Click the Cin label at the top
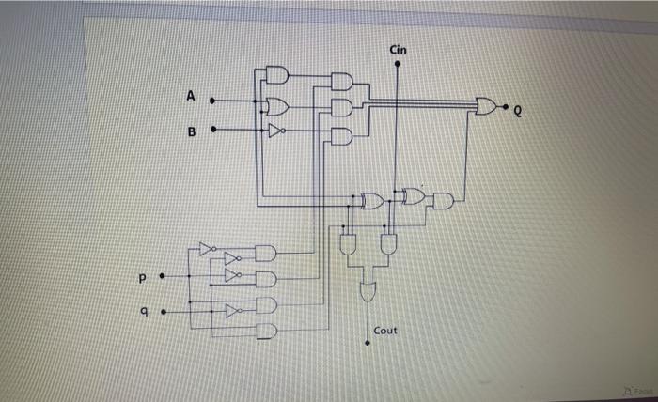(399, 49)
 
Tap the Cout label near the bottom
(385, 331)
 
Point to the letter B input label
(192, 131)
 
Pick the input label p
(143, 279)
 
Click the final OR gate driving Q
(486, 106)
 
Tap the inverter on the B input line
(274, 131)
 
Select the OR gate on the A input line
(277, 104)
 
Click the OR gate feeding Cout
(367, 290)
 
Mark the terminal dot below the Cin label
(398, 65)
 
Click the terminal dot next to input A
(211, 99)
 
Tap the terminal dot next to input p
(163, 277)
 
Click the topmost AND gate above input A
(276, 75)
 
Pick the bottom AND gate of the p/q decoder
(267, 331)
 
